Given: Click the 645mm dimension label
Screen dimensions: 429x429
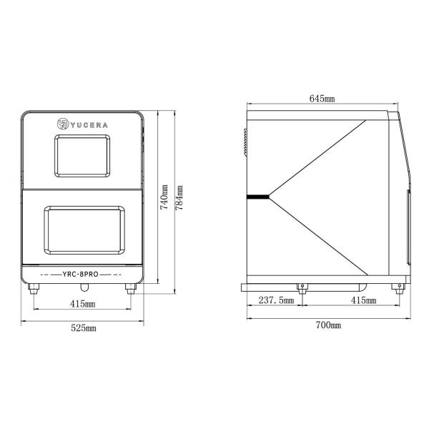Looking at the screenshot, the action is coord(322,98).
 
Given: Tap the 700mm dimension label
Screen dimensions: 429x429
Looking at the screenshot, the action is coord(328,325).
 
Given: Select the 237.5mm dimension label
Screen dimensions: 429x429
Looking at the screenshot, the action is coord(276,300).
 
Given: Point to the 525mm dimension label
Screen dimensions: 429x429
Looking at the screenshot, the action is coord(84,327).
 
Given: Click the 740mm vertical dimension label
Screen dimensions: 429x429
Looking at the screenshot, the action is coord(164,197).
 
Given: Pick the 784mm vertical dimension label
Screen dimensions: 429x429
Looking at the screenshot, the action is coord(179,198).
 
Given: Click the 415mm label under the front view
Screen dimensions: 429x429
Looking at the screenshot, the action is coord(82,304).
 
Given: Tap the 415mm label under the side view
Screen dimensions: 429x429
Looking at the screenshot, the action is coord(363,300).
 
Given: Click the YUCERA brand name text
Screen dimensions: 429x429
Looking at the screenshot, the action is coord(89,125).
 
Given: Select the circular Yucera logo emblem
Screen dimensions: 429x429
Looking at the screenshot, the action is coord(63,124).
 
